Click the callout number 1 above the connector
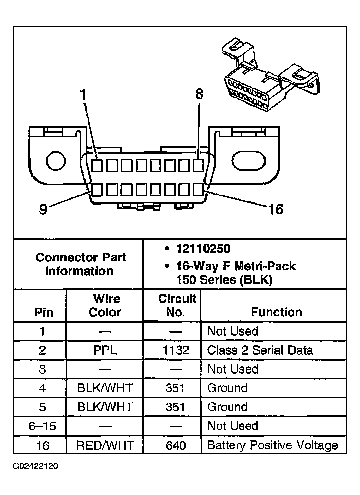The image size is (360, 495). coord(83,95)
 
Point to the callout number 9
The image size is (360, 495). coord(43,209)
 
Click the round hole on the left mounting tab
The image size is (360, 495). coord(56,161)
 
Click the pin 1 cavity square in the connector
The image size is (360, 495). coord(97,166)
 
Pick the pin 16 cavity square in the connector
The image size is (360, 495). coord(198,189)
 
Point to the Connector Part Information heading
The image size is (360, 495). coord(80,264)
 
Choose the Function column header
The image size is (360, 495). coord(276,312)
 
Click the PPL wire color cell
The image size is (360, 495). coord(105,350)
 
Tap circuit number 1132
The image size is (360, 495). coord(176,350)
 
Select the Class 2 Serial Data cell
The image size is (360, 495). coord(260,350)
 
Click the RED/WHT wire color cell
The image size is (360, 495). coord(105,445)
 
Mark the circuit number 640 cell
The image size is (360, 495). coord(176,445)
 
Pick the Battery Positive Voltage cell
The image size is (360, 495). coord(272,445)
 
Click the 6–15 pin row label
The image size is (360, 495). coord(42,426)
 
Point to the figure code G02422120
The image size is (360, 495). coord(36,467)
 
